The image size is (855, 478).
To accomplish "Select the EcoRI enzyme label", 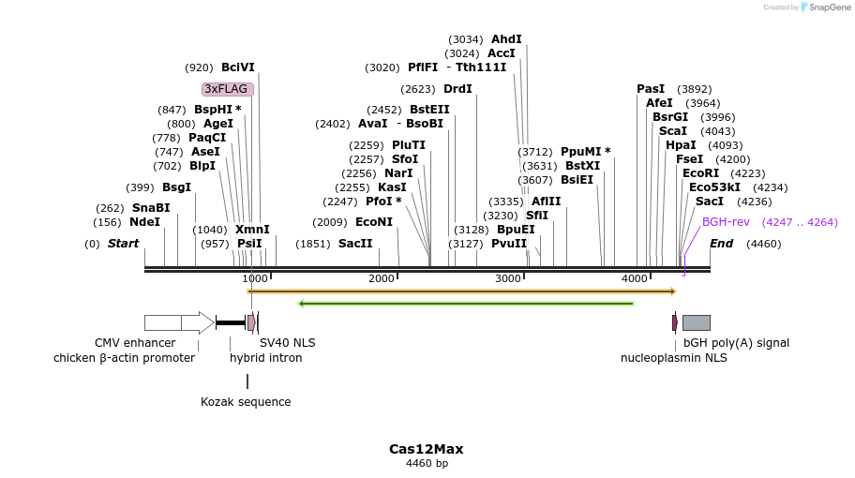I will pyautogui.click(x=700, y=173).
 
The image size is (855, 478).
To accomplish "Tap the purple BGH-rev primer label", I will pyautogui.click(x=726, y=222).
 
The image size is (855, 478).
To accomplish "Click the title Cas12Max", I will pyautogui.click(x=427, y=449).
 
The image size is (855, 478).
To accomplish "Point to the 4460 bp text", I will pyautogui.click(x=427, y=463).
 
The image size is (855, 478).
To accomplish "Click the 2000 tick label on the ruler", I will pyautogui.click(x=382, y=278).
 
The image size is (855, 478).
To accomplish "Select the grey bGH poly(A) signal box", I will pyautogui.click(x=696, y=322).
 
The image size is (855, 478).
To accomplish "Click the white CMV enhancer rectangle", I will pyautogui.click(x=162, y=322).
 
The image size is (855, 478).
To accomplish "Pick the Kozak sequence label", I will pyautogui.click(x=246, y=402).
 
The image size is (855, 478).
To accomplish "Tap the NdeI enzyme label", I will pyautogui.click(x=144, y=222).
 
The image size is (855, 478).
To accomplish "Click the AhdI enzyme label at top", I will pyautogui.click(x=506, y=39).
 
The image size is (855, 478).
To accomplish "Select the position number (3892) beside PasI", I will pyautogui.click(x=694, y=89).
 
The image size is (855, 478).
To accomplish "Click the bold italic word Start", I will pyautogui.click(x=123, y=244).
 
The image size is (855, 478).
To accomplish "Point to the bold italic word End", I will pyautogui.click(x=721, y=244).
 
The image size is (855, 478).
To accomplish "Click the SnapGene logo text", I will pyautogui.click(x=825, y=7).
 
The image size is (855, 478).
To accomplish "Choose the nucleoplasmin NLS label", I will pyautogui.click(x=673, y=358).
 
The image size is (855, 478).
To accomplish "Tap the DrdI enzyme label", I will pyautogui.click(x=457, y=89).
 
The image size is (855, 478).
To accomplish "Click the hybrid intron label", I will pyautogui.click(x=265, y=358).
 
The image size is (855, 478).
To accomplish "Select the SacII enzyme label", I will pyautogui.click(x=355, y=244).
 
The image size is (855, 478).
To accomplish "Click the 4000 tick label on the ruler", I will pyautogui.click(x=635, y=278).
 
